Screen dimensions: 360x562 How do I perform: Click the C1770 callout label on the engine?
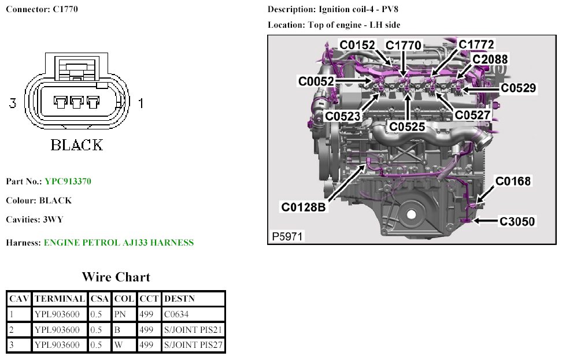coord(404,46)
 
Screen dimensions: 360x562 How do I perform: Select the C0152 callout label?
coord(357,45)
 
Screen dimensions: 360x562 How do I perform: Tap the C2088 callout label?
coord(490,59)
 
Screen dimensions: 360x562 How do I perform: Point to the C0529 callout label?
coord(518,88)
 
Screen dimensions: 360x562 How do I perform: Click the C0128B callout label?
coord(304,206)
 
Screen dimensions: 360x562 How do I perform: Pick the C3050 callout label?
coord(517,221)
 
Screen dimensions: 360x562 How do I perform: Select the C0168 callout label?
coord(513,181)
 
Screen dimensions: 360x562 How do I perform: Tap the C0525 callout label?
coord(407,125)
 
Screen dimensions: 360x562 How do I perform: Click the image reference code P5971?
coord(288,236)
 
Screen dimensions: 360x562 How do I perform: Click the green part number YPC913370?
coord(68,181)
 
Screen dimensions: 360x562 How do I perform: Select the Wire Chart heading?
coord(116,277)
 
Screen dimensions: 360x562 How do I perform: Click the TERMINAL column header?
coord(60,299)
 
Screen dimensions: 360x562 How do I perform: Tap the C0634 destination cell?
coord(177,314)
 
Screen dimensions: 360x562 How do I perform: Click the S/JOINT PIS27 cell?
coord(193,346)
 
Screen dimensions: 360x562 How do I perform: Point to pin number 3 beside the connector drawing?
coord(13,103)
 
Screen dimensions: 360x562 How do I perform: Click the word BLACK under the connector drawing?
coord(76,144)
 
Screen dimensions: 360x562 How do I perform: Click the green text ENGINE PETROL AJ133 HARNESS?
coord(119,243)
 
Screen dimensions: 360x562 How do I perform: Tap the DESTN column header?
coord(180,299)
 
